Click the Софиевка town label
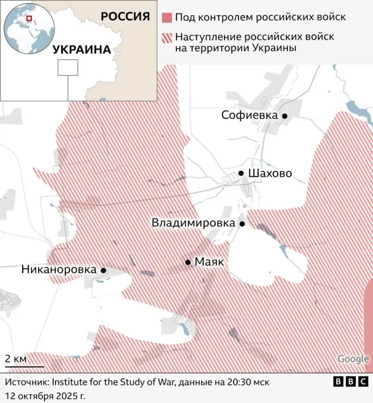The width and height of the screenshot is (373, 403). click(x=249, y=115)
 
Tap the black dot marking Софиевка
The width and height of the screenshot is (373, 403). click(x=285, y=116)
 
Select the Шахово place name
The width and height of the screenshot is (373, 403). click(x=270, y=174)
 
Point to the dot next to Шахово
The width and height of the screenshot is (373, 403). click(x=241, y=174)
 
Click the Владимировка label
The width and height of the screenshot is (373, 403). click(x=193, y=223)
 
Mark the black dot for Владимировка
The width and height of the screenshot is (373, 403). click(x=242, y=223)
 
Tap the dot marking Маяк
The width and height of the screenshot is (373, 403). click(x=188, y=262)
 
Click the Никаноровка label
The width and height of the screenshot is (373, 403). click(x=58, y=270)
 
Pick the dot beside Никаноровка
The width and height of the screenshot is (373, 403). click(x=103, y=270)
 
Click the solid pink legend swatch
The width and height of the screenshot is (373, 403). click(x=167, y=17)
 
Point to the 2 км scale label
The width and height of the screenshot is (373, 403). click(x=16, y=359)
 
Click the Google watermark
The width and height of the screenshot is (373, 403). click(x=353, y=359)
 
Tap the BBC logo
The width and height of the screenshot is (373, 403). click(x=351, y=382)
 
